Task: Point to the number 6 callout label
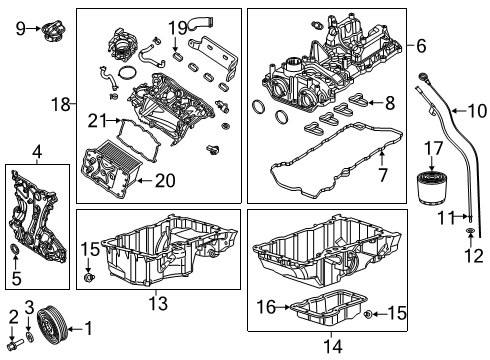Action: (421, 45)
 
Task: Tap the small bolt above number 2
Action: (13, 344)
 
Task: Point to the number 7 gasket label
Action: (382, 177)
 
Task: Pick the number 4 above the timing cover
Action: (36, 152)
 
